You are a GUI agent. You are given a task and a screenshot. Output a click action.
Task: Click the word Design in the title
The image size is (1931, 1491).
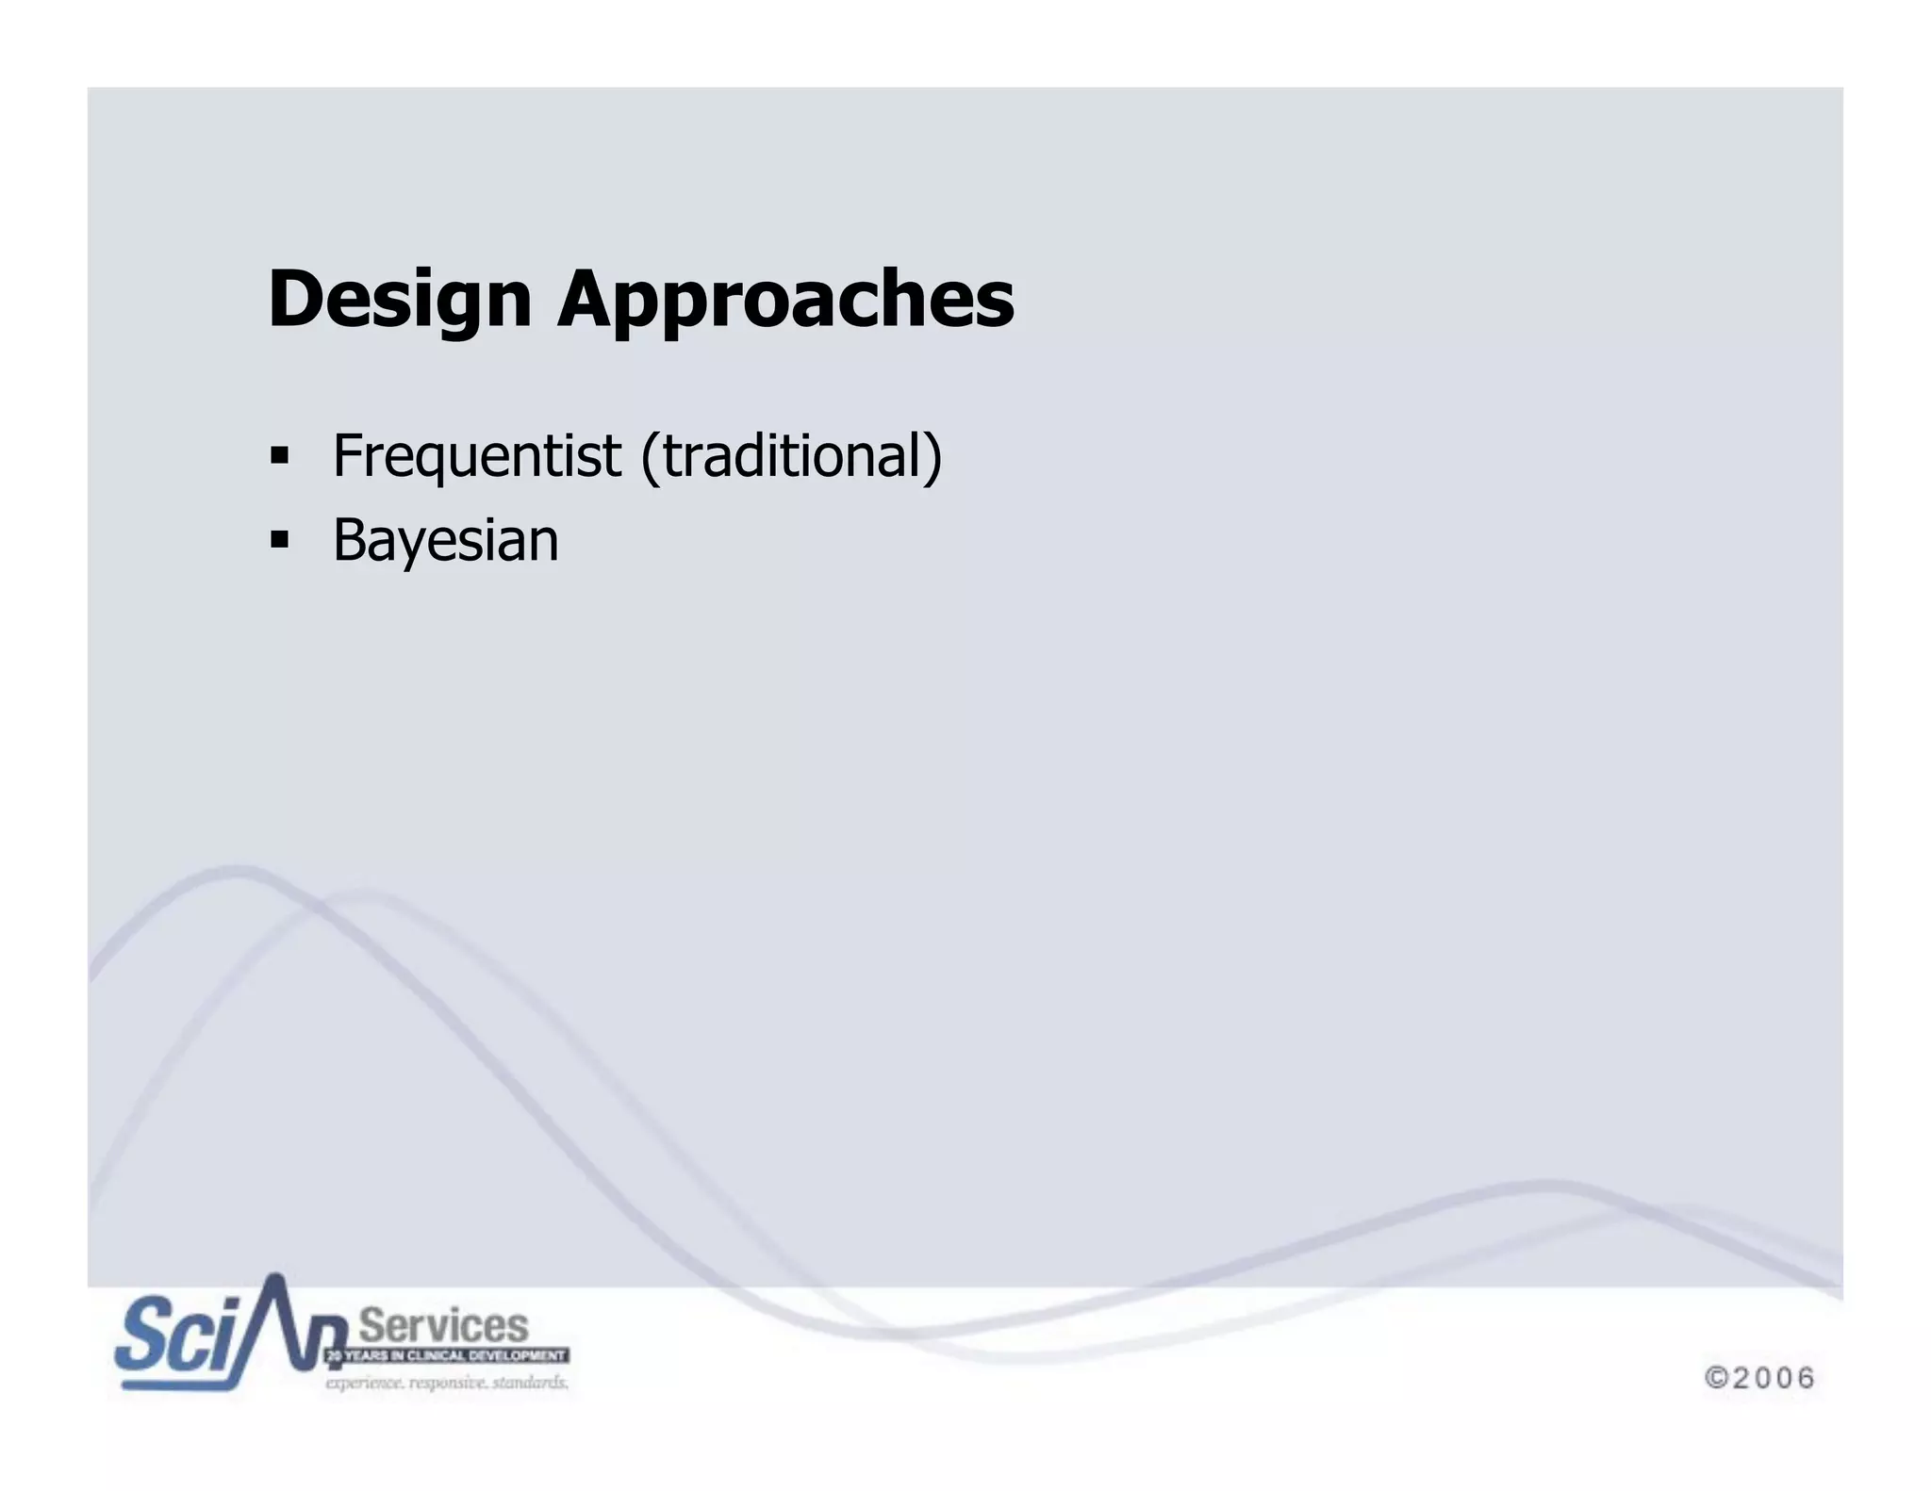[400, 300]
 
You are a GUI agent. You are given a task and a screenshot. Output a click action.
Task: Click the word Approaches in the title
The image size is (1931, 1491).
[785, 300]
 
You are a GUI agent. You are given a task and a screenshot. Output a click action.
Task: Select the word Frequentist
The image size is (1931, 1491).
[477, 456]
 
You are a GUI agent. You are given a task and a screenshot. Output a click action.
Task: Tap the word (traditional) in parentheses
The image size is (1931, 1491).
[791, 456]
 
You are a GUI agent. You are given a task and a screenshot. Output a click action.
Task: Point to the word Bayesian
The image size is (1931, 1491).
[445, 541]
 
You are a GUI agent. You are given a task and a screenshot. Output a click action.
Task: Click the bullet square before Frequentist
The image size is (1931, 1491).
[279, 457]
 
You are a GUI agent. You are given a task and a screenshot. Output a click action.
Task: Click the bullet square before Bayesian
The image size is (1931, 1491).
[279, 541]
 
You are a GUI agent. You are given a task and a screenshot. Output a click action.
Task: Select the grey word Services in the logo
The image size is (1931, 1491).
[444, 1326]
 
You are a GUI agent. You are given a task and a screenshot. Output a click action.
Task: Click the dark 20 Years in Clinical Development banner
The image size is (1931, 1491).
[447, 1356]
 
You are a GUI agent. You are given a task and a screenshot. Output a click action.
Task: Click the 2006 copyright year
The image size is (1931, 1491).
[1773, 1378]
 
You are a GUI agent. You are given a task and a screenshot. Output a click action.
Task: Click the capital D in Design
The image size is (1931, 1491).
[293, 300]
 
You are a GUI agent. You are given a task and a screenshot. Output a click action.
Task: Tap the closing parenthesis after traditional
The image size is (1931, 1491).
[932, 457]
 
